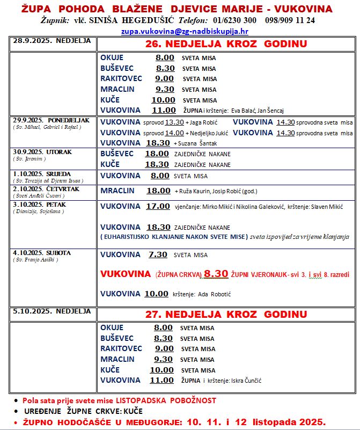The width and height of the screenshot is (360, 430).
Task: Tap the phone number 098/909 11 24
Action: point(290,20)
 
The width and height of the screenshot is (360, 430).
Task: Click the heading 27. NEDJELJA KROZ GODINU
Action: point(226,314)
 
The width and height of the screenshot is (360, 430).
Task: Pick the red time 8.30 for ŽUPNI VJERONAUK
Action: point(216,274)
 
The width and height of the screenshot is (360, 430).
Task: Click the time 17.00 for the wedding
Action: point(158,206)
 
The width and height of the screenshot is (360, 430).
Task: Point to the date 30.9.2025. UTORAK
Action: point(42,152)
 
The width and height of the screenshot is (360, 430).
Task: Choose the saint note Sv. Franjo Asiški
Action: point(35,260)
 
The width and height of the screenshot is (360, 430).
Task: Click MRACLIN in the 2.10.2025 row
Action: point(117,191)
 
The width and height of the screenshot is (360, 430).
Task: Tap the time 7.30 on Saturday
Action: point(158,255)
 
